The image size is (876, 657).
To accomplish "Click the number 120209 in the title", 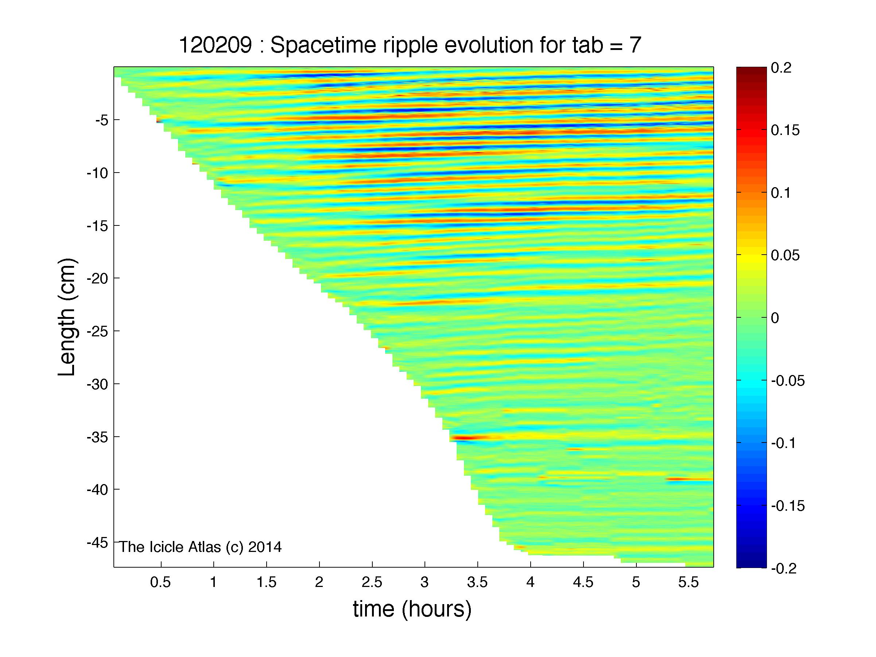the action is (x=216, y=45).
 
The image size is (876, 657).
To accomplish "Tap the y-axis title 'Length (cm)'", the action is (x=66, y=317).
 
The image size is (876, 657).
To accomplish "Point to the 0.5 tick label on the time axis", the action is (x=160, y=582).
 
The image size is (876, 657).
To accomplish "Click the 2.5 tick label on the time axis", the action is (x=372, y=582).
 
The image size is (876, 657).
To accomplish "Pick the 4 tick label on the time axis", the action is (x=530, y=582).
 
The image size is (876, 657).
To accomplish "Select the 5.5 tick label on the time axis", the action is (x=689, y=582).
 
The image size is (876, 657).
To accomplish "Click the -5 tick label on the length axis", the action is (x=102, y=120).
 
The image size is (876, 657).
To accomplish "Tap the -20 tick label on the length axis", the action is (x=97, y=278).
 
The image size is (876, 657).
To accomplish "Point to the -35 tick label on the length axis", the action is (x=97, y=437).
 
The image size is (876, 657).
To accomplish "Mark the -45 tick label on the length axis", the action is (x=97, y=542).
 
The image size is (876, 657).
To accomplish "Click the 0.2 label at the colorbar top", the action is (x=781, y=68).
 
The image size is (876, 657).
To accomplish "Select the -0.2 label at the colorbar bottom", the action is (x=784, y=569).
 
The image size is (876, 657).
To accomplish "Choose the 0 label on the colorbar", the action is (x=775, y=318).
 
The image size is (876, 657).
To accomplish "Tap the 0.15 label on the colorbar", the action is (x=785, y=131).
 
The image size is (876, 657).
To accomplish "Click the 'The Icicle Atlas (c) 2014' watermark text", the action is (x=200, y=547).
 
